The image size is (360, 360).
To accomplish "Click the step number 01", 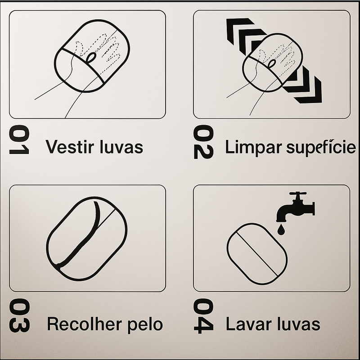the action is click(19, 139).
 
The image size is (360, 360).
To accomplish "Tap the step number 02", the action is click(203, 142).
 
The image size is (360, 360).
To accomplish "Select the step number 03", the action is click(19, 315).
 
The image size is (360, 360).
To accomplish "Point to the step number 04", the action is click(203, 316).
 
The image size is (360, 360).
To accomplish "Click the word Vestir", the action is click(70, 147).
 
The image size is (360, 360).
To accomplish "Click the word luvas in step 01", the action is click(121, 147).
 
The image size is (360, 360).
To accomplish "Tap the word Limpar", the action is click(253, 148).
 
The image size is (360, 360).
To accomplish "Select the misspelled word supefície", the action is click(321, 148).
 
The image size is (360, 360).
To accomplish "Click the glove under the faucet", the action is click(257, 254).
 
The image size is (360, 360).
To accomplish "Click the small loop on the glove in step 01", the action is click(91, 58).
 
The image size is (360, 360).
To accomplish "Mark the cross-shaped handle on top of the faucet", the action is click(298, 194).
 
